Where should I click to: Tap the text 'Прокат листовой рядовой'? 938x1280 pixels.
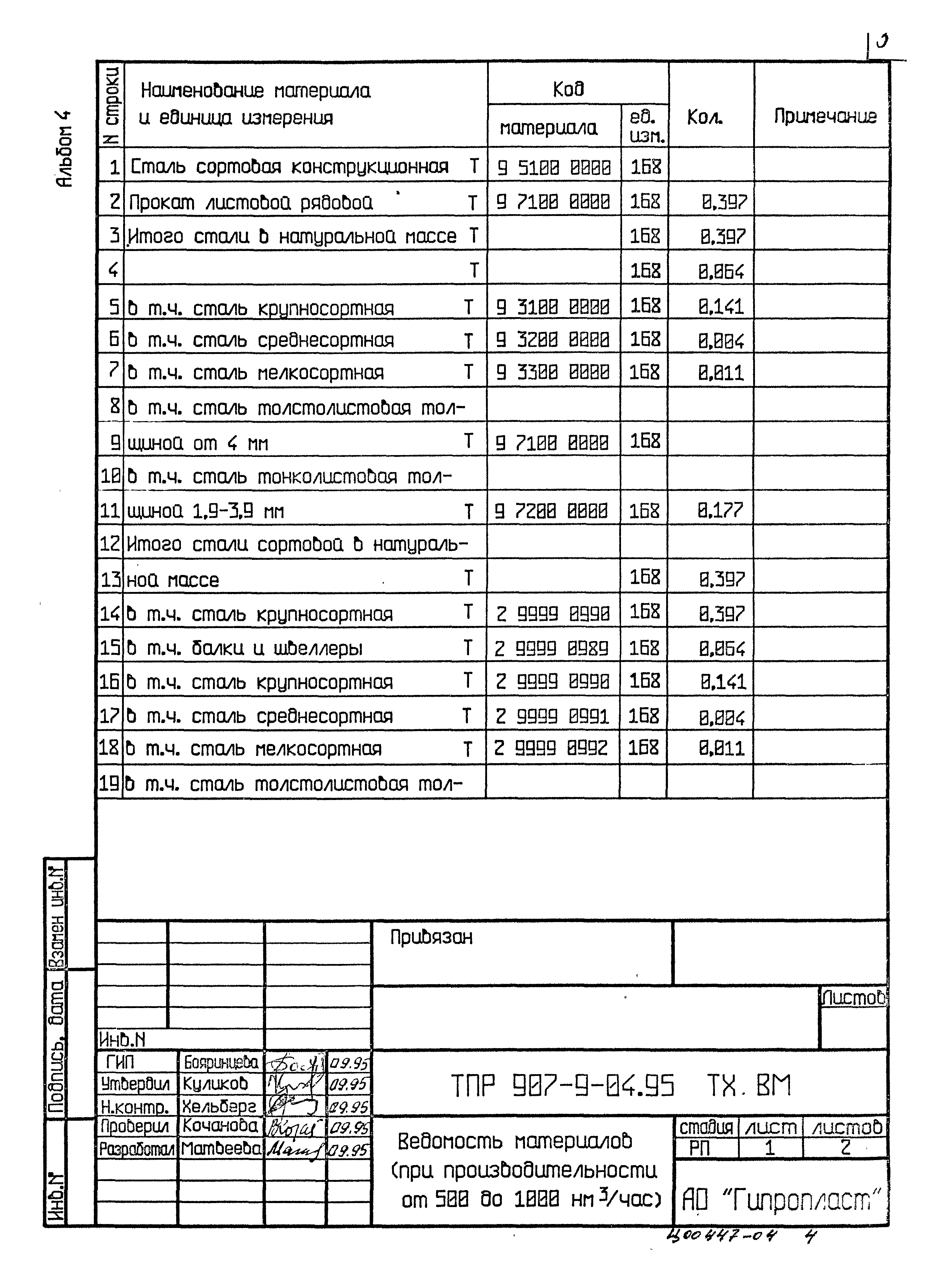[251, 202]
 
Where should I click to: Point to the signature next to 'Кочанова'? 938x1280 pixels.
[295, 1127]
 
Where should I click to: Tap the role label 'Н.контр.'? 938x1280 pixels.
[135, 1107]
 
